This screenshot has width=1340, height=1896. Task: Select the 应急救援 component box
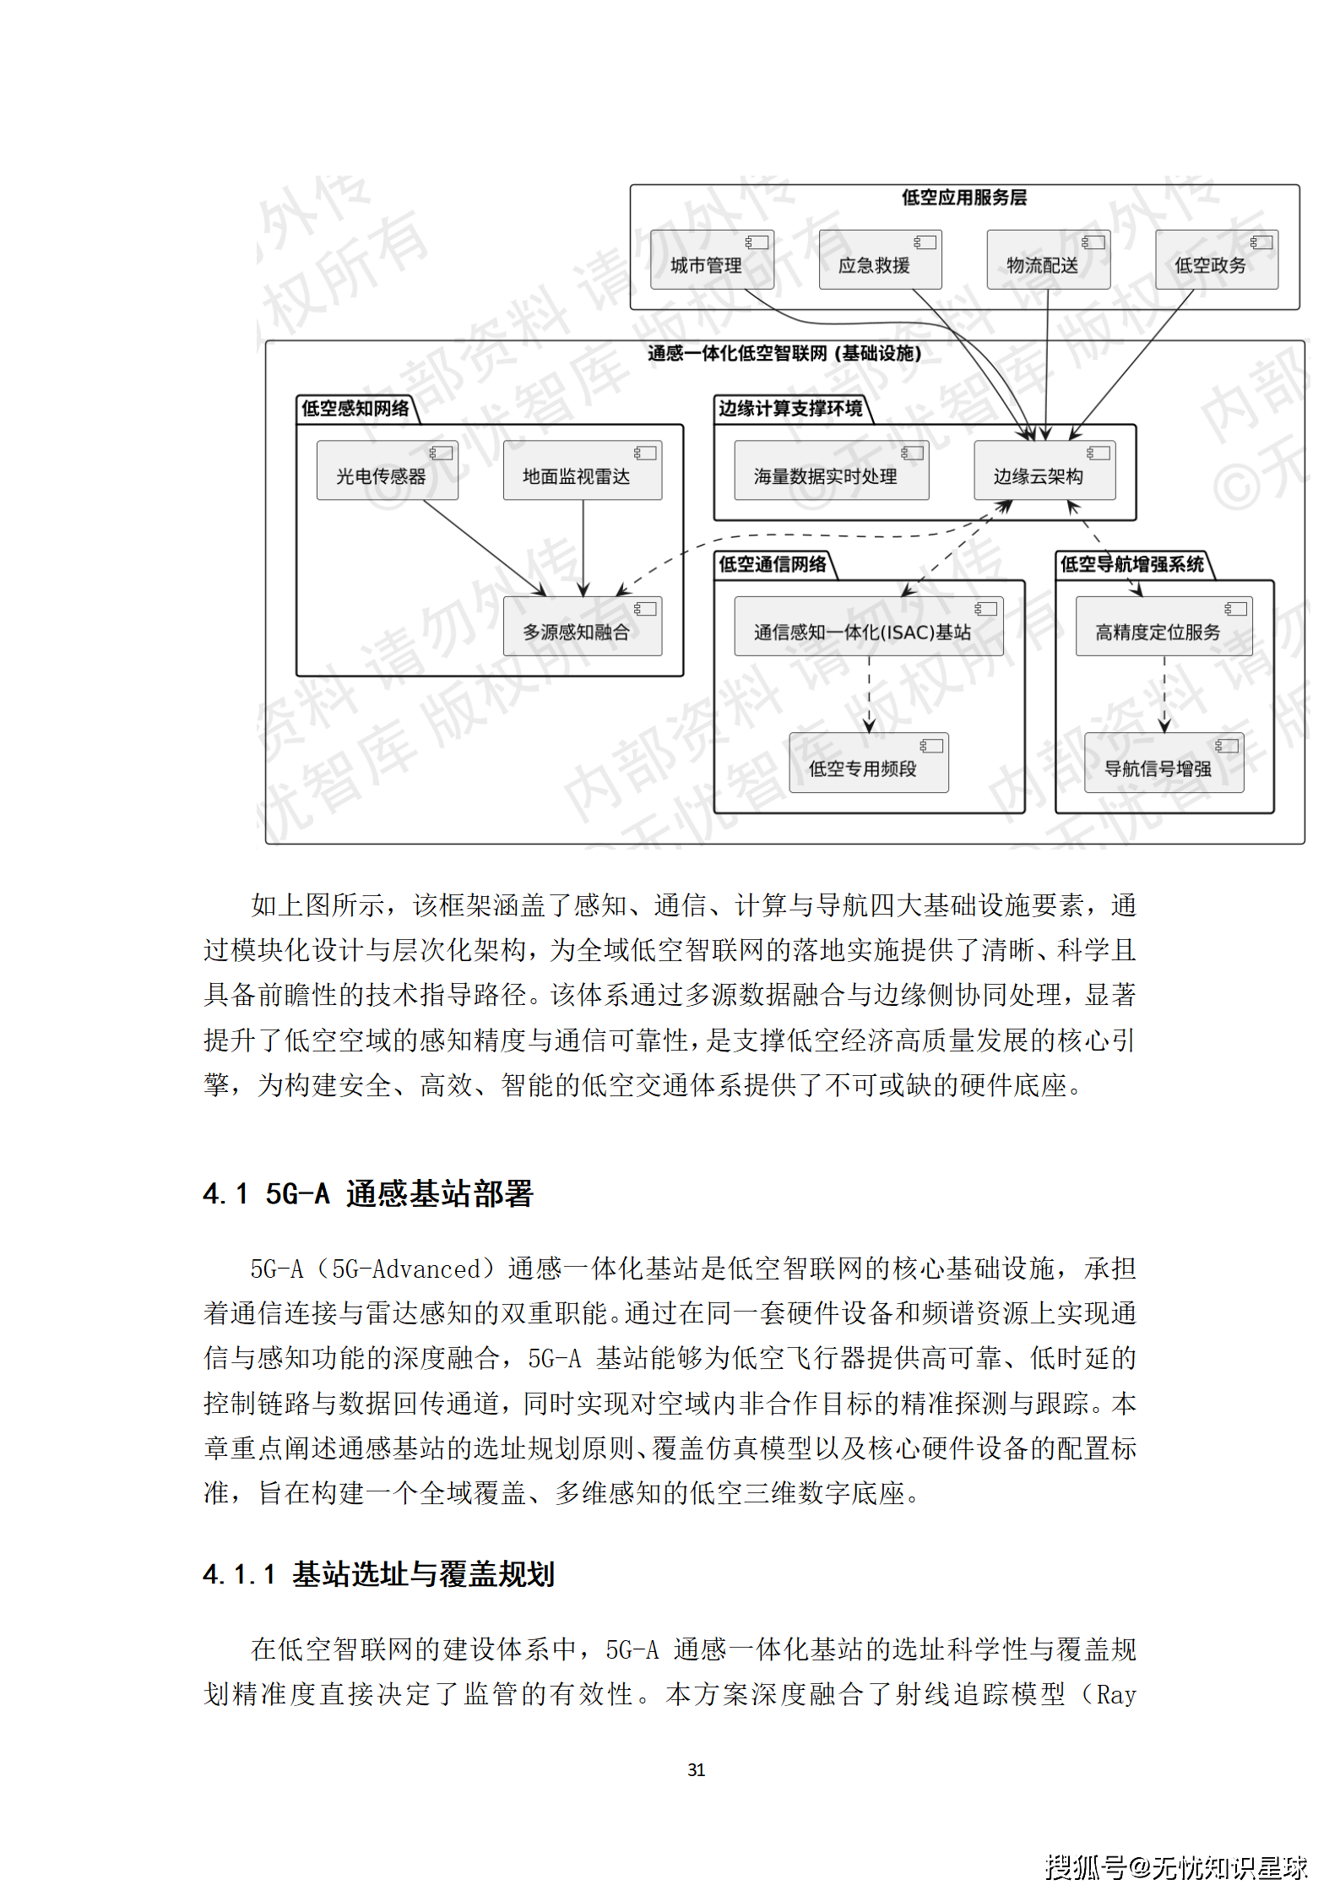880,260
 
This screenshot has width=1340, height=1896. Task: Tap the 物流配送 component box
1048,260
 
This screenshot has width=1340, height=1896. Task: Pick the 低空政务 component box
1216,260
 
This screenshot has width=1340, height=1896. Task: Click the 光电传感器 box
387,470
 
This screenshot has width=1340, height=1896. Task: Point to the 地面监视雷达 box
582,470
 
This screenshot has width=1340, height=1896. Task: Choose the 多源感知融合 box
582,626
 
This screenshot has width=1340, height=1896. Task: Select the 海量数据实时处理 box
831,470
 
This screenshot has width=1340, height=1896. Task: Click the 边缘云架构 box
1044,470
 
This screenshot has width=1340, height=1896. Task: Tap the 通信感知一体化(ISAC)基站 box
868,626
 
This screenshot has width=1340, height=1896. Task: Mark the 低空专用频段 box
868,763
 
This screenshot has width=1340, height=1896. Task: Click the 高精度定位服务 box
1163,626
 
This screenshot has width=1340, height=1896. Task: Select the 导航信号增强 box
1163,763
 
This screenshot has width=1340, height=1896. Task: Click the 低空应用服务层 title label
963,198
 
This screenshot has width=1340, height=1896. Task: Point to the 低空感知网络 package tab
355,409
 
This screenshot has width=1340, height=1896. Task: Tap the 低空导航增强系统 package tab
1131,564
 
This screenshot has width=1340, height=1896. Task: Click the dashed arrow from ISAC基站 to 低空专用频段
869,693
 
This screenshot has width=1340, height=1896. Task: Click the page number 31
696,1769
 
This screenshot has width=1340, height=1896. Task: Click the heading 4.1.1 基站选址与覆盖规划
378,1574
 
